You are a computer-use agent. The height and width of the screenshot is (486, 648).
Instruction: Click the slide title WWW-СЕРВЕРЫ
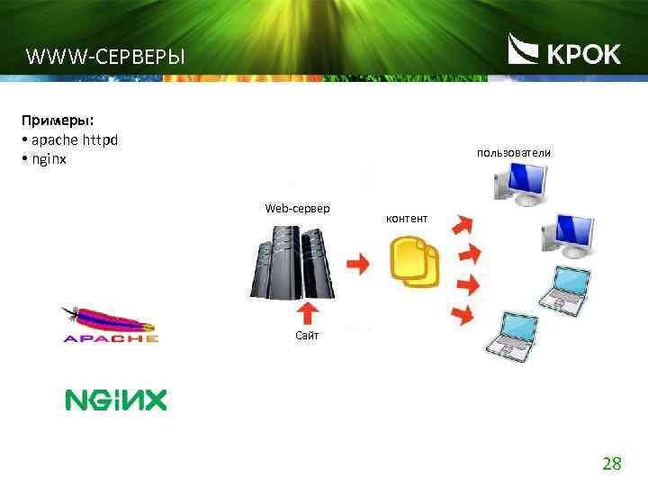coord(104,58)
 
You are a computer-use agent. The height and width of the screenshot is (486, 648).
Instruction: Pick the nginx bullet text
coord(49,159)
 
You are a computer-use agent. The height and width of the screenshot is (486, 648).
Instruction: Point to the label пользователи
coord(513,153)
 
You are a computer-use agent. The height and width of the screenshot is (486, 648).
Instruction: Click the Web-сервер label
coord(297,209)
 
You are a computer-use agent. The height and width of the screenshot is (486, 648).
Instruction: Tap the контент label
coord(407,219)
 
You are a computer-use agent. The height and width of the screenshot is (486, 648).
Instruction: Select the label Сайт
coord(306,336)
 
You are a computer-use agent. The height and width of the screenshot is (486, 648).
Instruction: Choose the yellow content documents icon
coord(415,262)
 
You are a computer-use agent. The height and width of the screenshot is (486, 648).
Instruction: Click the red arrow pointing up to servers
coord(308,311)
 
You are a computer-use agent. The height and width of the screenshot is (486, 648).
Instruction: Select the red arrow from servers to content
coord(358,264)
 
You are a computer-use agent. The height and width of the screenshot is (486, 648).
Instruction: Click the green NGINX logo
coord(115,400)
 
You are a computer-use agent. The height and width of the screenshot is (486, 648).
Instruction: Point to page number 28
coord(611,464)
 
